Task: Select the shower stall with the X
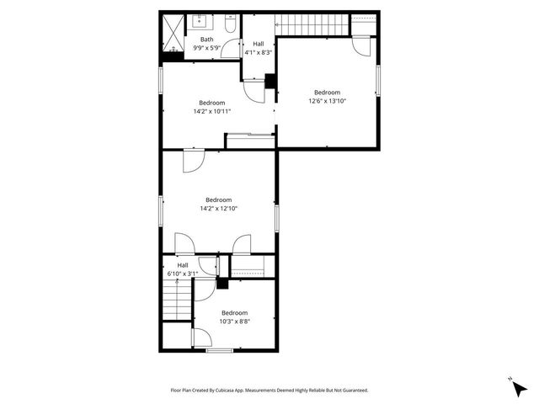coord(173,33)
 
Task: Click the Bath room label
coord(206,40)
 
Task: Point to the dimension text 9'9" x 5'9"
coord(206,48)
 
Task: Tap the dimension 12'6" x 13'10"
coord(328,100)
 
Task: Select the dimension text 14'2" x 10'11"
coord(212,110)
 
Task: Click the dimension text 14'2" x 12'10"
coord(218,208)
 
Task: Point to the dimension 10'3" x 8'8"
coord(234,320)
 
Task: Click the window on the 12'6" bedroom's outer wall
coord(378,81)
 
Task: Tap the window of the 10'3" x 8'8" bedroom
coord(219,349)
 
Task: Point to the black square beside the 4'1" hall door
coord(269,81)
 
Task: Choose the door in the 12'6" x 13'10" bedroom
coord(362,45)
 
